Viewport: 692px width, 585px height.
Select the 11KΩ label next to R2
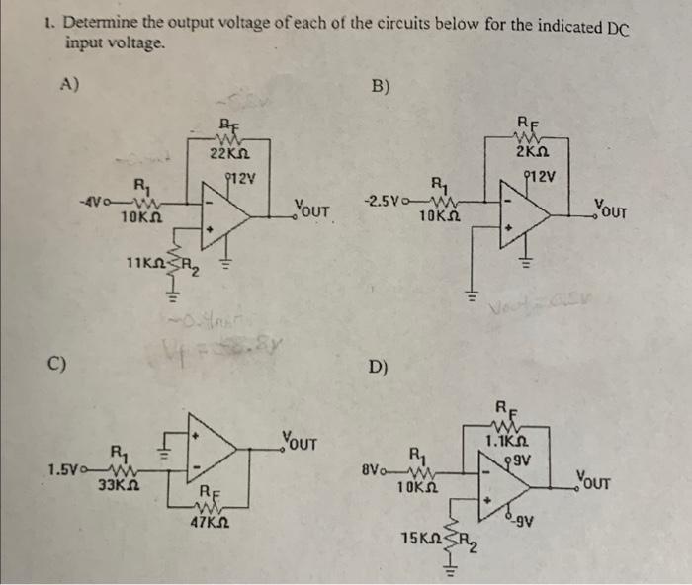pyautogui.click(x=146, y=263)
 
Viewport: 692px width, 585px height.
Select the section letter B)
pyautogui.click(x=381, y=86)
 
